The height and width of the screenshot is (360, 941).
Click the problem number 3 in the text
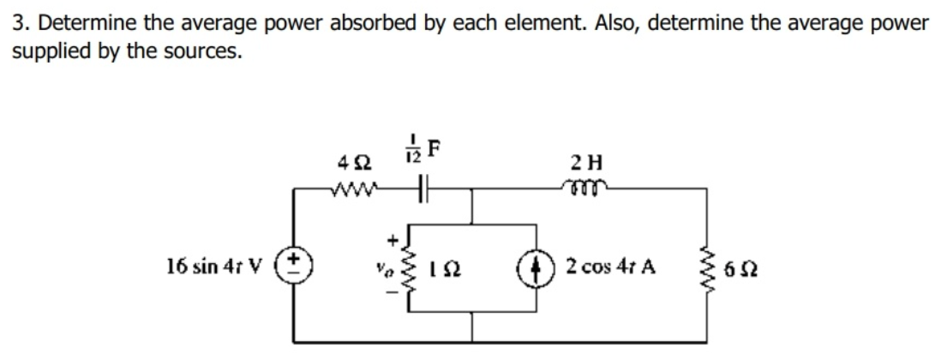[17, 23]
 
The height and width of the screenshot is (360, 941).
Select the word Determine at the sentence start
[75, 23]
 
